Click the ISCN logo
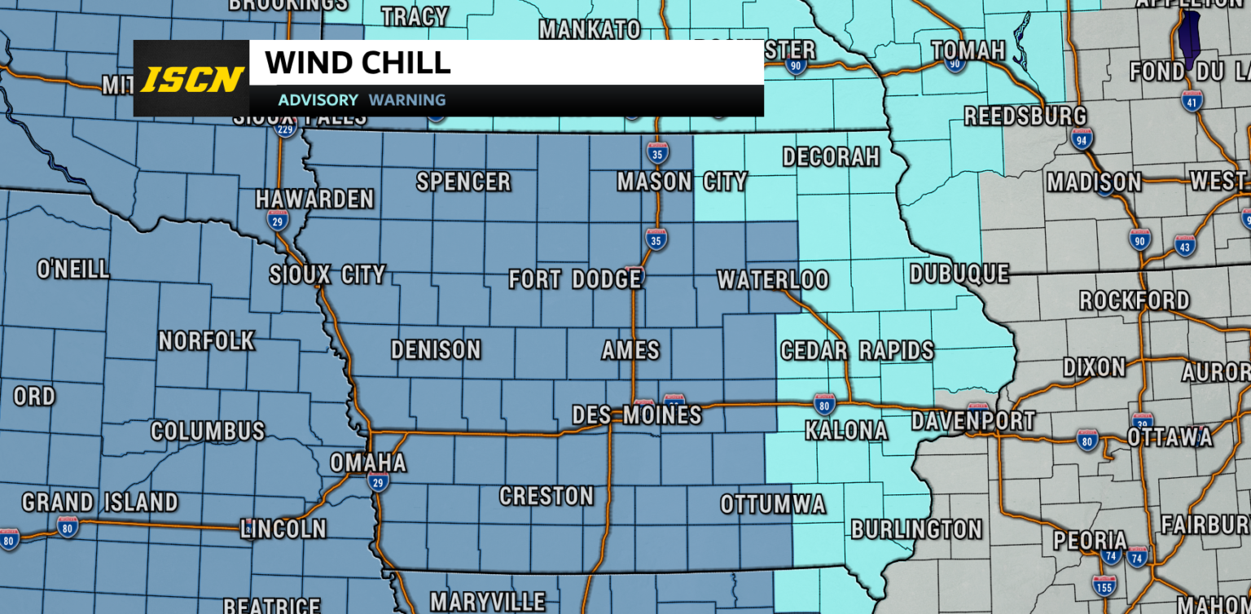pos(192,79)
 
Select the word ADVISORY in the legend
pos(318,100)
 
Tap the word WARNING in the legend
pos(407,100)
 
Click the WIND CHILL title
pos(358,63)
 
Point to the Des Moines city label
pos(636,415)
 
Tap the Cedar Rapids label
pos(857,351)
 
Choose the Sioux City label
pos(327,275)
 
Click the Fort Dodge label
pos(575,280)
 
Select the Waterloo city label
pos(772,280)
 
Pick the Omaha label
pos(367,463)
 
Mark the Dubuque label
pos(959,274)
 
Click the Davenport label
pos(972,421)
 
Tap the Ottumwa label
pos(772,505)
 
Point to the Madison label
pos(1094,182)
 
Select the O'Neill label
pos(73,269)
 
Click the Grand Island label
pos(99,502)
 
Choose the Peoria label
pos(1090,541)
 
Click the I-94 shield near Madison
pos(1082,139)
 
